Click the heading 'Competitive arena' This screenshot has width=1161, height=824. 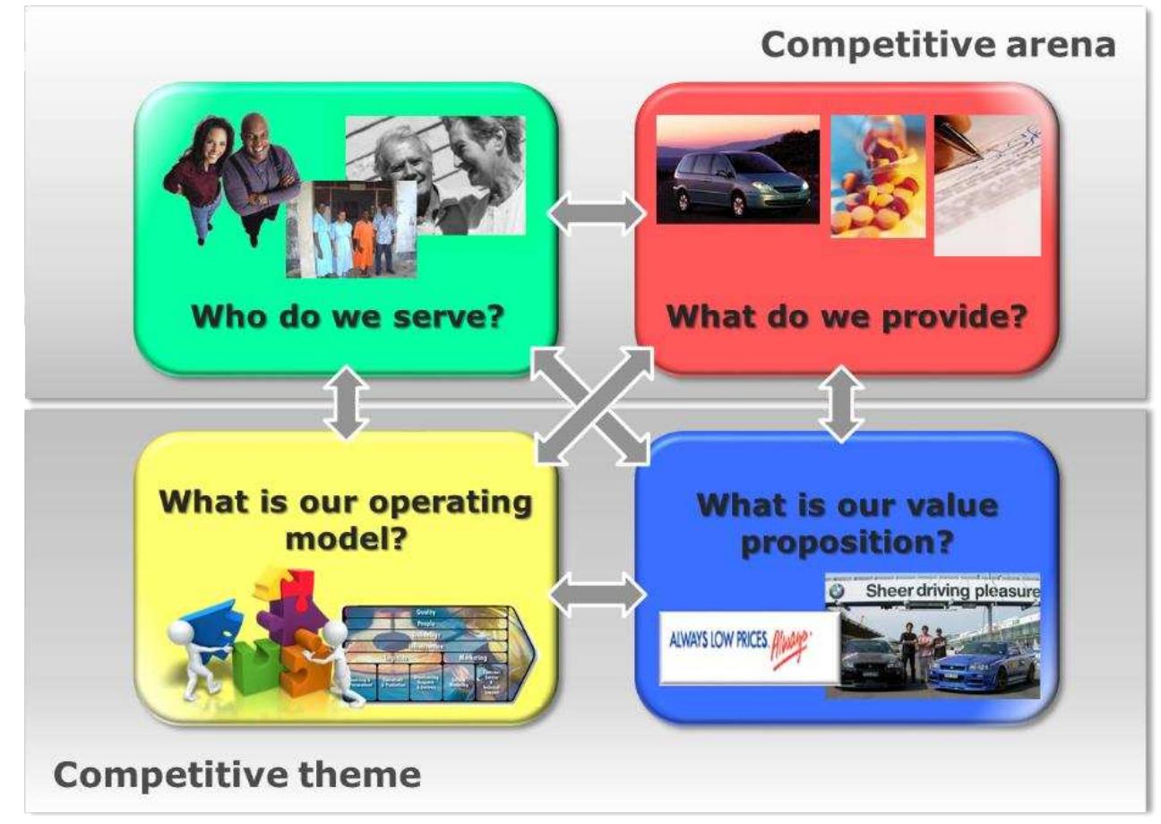point(938,44)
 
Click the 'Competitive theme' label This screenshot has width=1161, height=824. point(236,775)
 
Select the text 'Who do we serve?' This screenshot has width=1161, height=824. point(345,317)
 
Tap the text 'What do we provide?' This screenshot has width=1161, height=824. point(847,317)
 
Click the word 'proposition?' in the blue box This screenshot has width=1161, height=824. point(847,544)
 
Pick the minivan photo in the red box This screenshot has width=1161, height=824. point(736,169)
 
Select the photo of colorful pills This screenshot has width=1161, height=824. point(877,176)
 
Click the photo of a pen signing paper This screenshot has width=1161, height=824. point(986,185)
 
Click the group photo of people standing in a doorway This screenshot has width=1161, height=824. point(351,229)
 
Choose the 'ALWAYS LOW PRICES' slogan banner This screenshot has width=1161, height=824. point(749,647)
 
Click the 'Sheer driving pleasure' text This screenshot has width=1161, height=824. point(951,592)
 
